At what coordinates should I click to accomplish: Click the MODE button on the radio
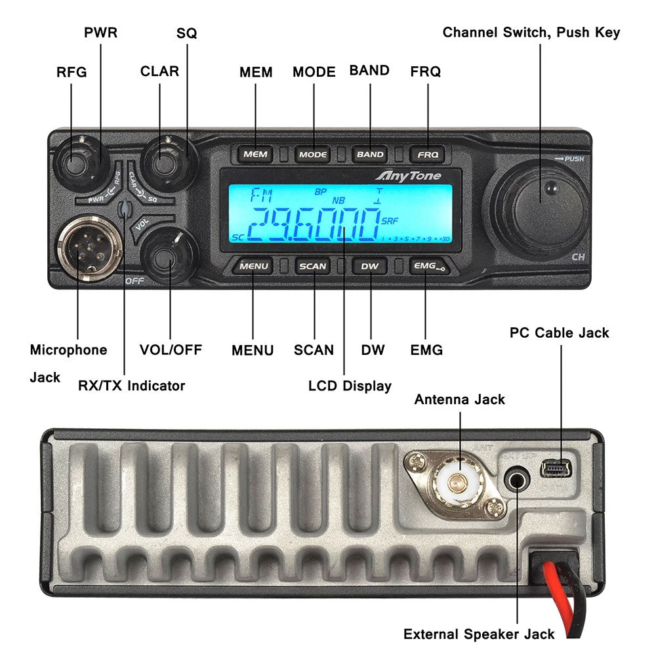click(x=313, y=155)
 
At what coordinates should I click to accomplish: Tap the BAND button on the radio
click(x=370, y=155)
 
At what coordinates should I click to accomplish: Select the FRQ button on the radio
click(x=428, y=155)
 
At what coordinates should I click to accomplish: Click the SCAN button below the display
click(x=313, y=266)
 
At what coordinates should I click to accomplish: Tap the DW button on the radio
click(x=370, y=266)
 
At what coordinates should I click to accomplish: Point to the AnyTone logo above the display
click(x=408, y=176)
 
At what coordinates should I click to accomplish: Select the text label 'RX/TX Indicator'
click(x=131, y=386)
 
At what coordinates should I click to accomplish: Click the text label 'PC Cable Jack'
click(x=559, y=333)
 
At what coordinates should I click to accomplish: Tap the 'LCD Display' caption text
click(x=350, y=386)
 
